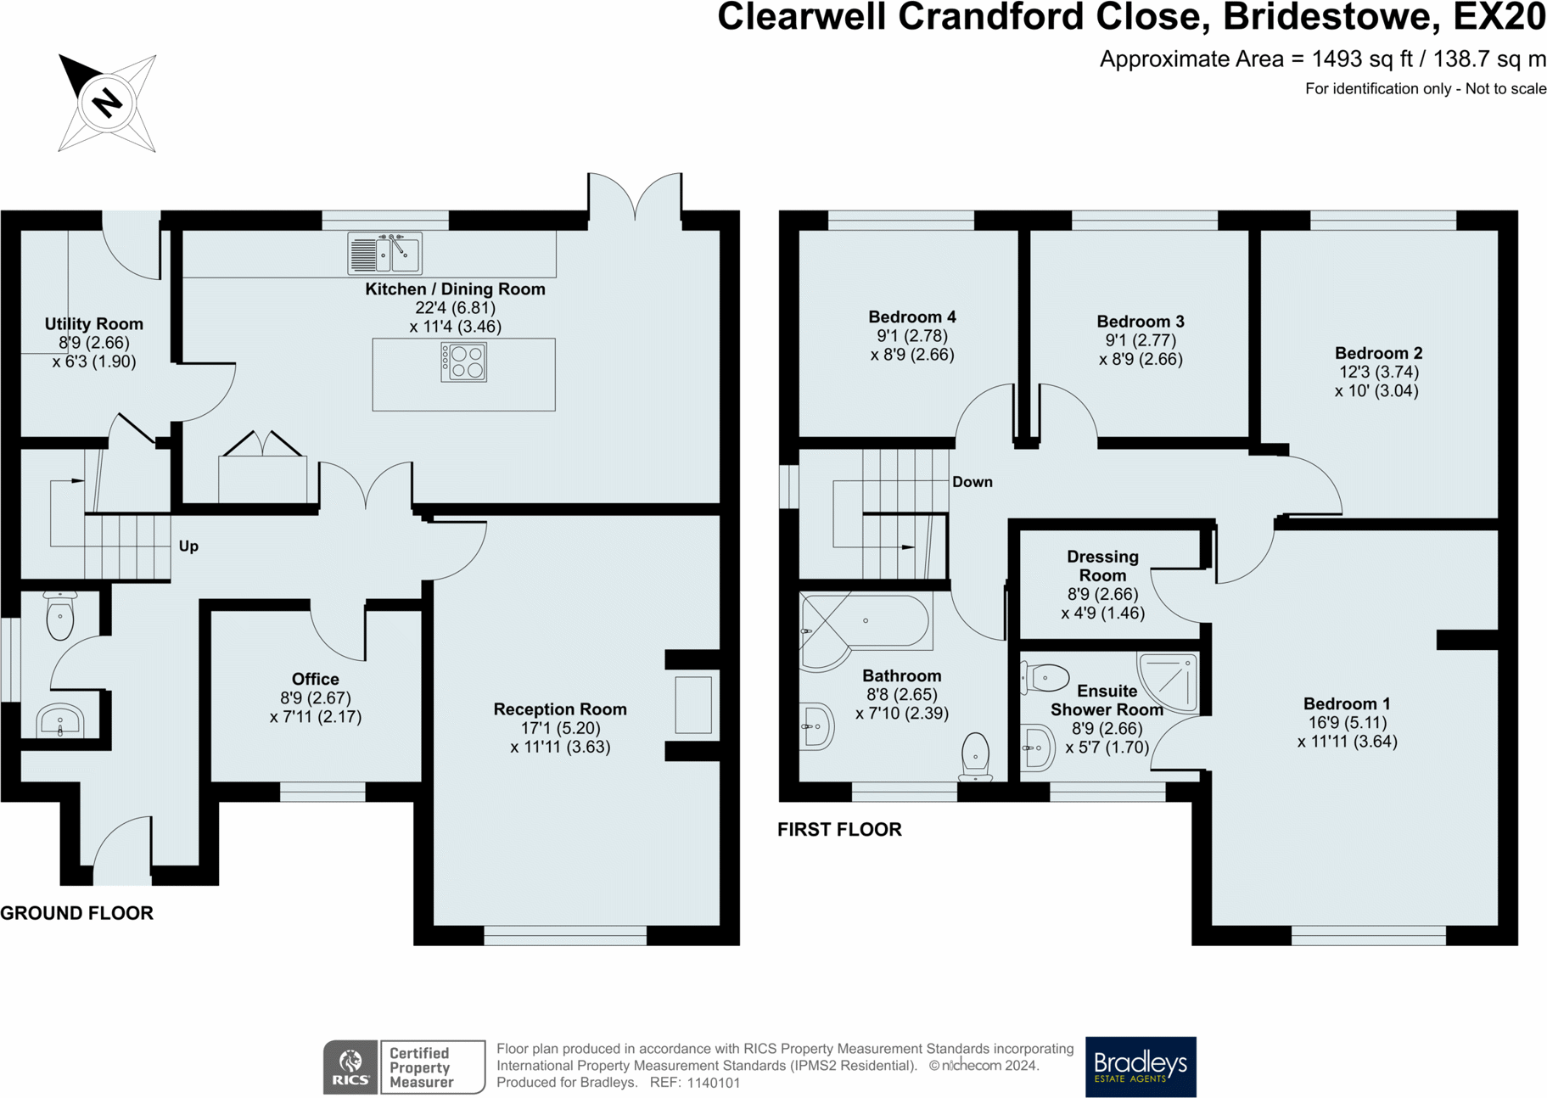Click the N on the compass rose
(107, 103)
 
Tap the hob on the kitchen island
(463, 361)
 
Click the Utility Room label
(93, 324)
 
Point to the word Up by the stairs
(188, 546)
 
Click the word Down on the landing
(972, 482)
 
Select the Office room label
(315, 679)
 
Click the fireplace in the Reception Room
(692, 704)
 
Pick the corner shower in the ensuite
(1169, 681)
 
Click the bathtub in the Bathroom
(866, 622)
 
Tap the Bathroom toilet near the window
(976, 755)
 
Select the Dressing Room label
(1102, 566)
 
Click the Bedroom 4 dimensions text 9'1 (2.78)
(912, 336)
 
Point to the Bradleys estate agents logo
(1140, 1066)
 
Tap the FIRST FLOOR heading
(839, 830)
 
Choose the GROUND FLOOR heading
(76, 913)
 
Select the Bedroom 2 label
(1378, 353)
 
